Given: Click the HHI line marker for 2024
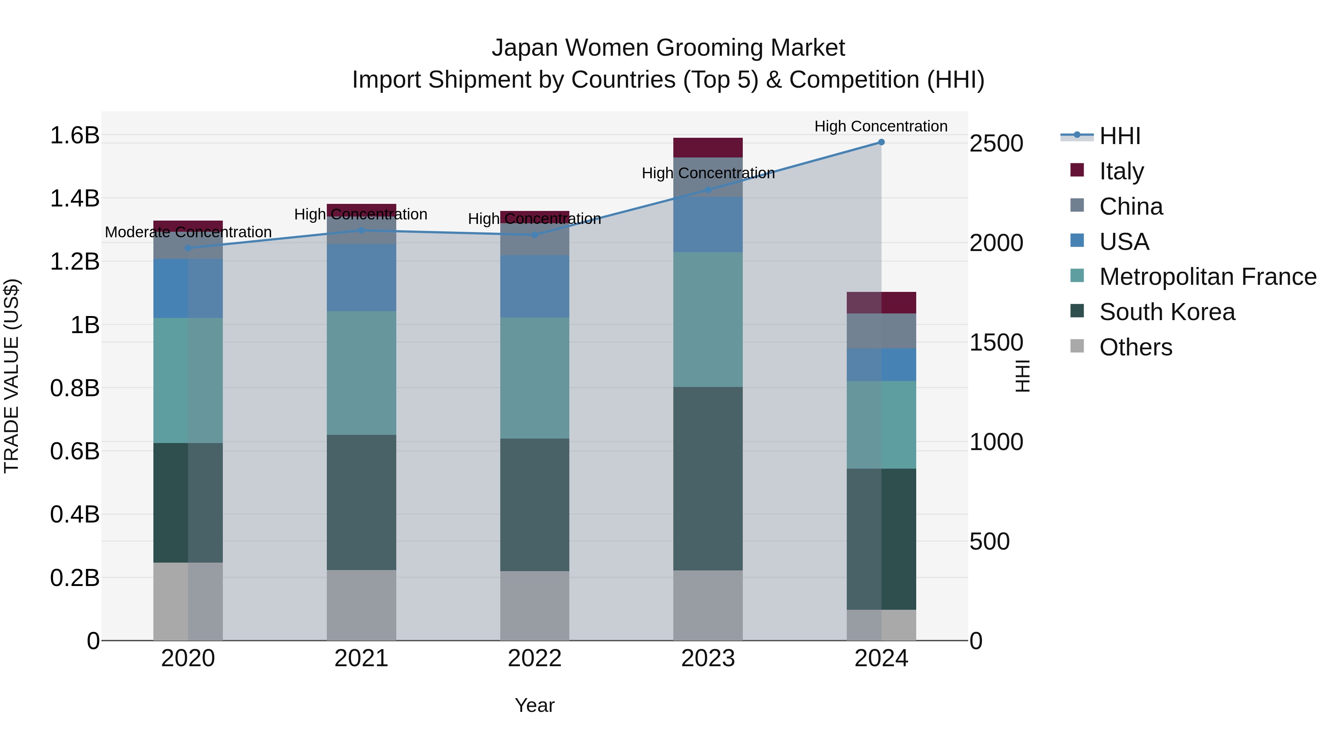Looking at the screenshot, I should pos(881,142).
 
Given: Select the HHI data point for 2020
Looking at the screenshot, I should pos(188,248).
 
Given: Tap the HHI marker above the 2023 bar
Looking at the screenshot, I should pos(708,190).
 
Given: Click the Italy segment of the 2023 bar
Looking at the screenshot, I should pos(708,148).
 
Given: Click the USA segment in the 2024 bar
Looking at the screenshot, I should pos(881,365).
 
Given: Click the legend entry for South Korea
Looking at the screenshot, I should pos(1167,312).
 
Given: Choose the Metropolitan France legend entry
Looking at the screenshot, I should pos(1207,277).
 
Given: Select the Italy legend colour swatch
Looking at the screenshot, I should pos(1077,170).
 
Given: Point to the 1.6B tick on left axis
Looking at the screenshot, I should pos(74,136).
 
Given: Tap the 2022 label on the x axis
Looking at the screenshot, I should pos(534,658).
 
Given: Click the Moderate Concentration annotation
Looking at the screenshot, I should pos(188,232).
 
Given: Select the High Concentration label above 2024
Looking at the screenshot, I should pos(881,127).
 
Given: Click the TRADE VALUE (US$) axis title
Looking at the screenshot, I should pos(12,376).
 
